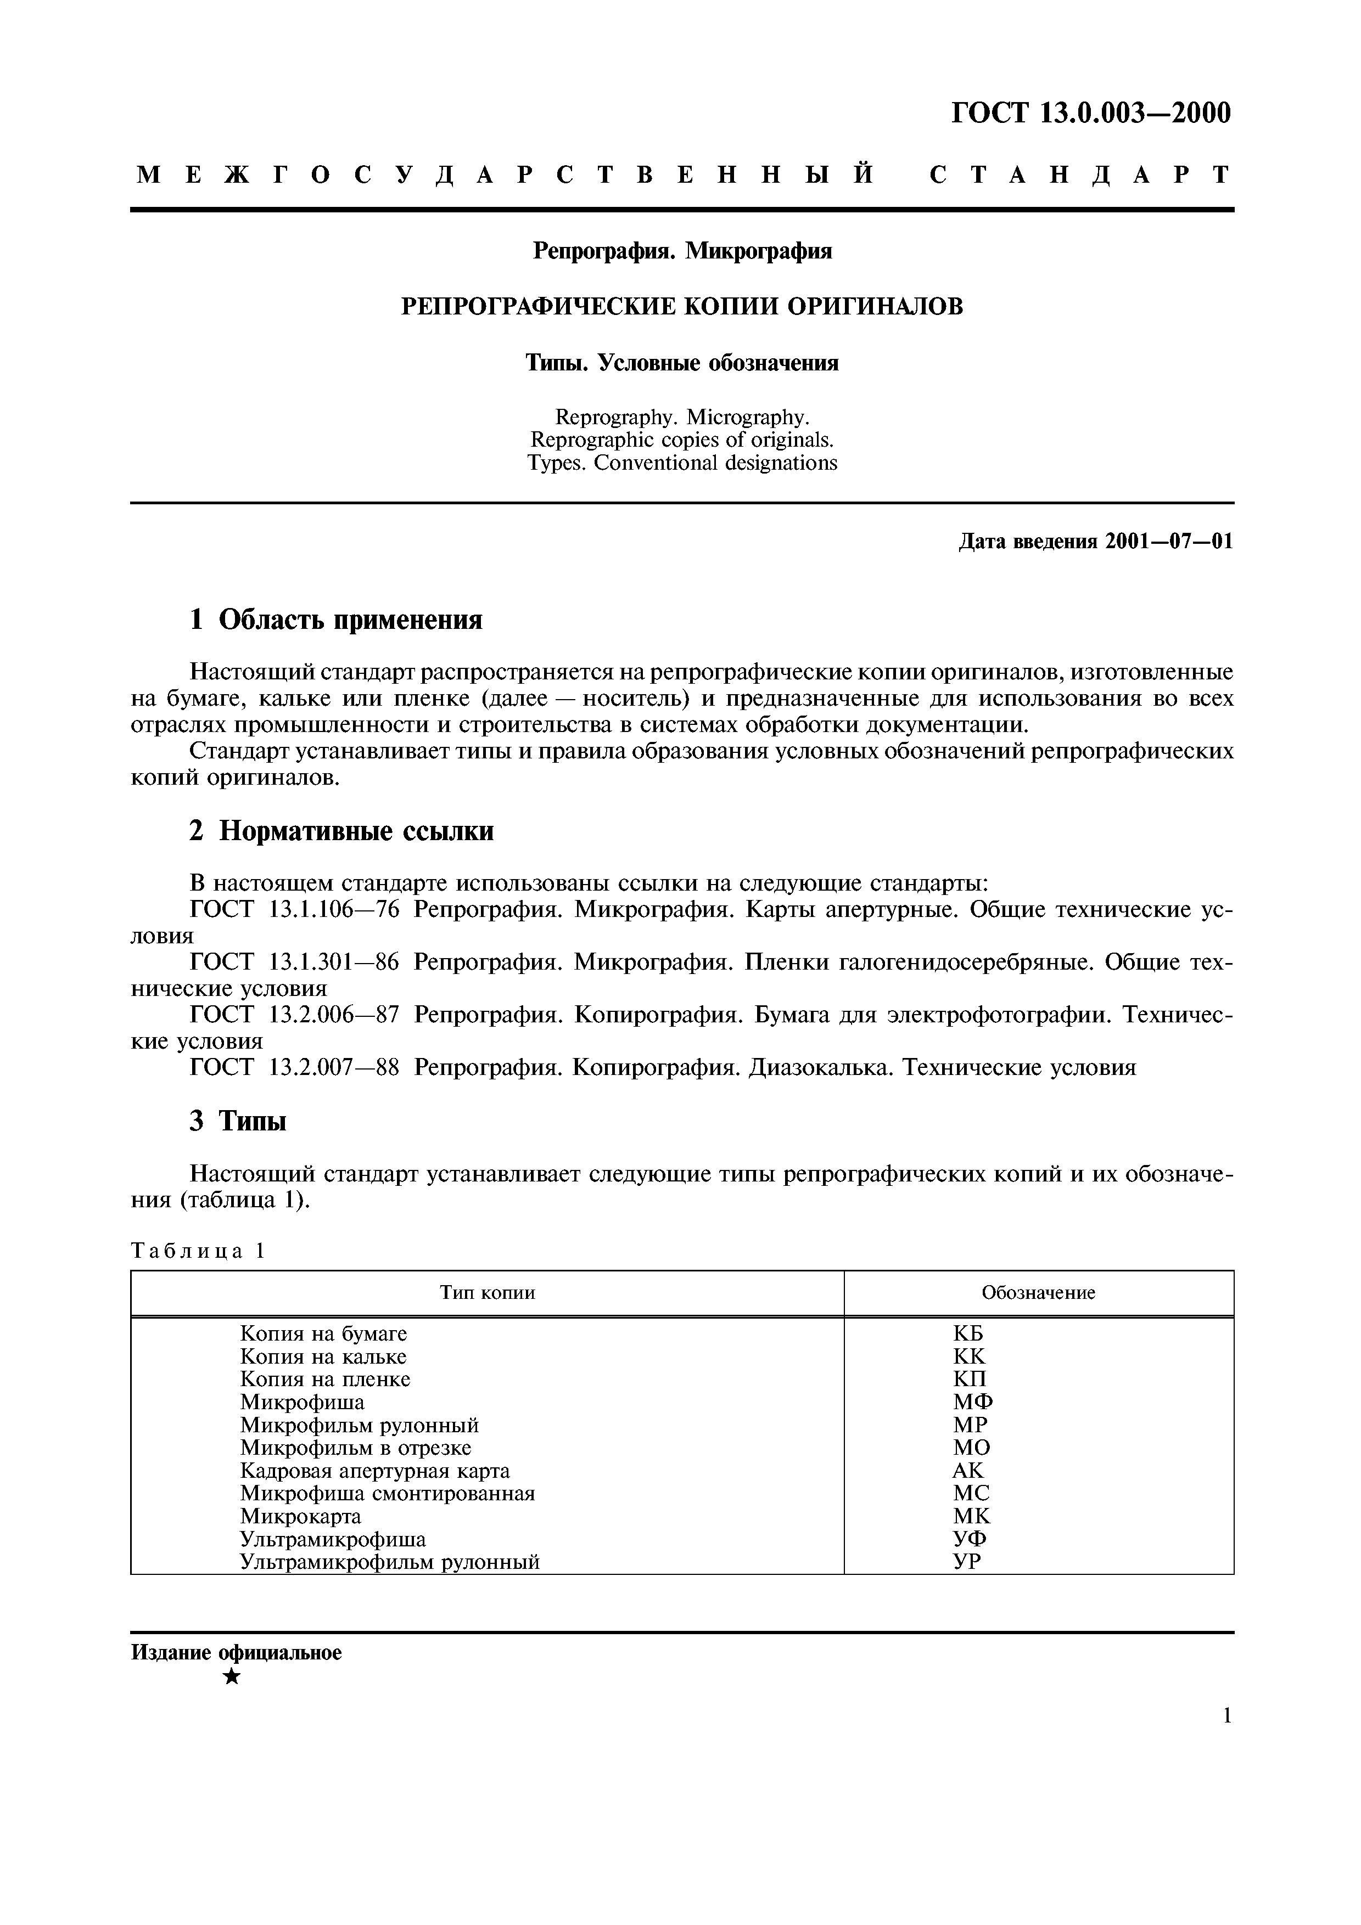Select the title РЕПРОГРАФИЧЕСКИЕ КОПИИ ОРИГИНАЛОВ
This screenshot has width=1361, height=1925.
(682, 307)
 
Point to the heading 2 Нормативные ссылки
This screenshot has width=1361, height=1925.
(341, 831)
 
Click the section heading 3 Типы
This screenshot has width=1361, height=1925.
(238, 1121)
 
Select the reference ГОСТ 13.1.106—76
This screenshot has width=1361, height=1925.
(295, 910)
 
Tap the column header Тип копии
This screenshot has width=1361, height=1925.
(487, 1293)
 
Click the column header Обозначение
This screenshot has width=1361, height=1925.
(1038, 1293)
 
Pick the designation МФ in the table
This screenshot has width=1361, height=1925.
(973, 1403)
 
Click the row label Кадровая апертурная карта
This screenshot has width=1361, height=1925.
(374, 1471)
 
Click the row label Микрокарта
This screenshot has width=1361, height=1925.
(300, 1517)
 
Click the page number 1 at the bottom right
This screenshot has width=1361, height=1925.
(1227, 1740)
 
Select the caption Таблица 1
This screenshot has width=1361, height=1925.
(198, 1252)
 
